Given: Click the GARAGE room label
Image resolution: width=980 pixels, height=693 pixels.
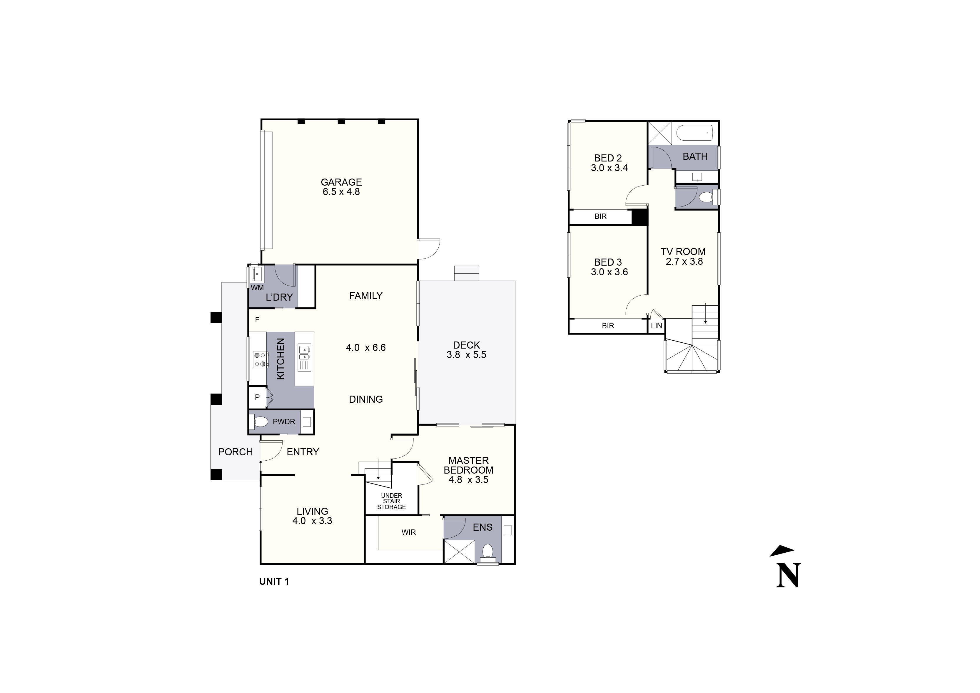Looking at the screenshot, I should [341, 182].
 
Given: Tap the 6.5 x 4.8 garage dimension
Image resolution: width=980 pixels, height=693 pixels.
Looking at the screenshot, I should [341, 192].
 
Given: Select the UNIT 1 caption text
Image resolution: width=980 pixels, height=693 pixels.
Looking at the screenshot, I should [274, 582].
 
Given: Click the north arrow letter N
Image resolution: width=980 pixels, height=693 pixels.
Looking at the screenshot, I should [788, 576].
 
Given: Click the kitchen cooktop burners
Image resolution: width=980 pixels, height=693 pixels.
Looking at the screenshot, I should [261, 359].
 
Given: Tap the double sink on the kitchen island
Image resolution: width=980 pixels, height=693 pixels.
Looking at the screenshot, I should [304, 353].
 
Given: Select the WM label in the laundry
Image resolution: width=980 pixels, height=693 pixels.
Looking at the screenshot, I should [257, 288].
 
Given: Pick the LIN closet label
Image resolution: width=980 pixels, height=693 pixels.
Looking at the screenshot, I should [657, 326].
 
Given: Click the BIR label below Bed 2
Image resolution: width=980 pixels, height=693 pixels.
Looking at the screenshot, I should [600, 216].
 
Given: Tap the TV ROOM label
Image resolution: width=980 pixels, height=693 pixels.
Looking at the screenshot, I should [683, 252].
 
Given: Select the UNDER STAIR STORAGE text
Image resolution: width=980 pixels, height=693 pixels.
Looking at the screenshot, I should [391, 501].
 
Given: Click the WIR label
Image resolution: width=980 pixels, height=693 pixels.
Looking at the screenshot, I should [408, 532].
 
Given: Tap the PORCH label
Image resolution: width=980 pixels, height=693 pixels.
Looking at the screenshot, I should [235, 452].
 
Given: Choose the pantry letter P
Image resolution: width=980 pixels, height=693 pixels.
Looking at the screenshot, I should [257, 397].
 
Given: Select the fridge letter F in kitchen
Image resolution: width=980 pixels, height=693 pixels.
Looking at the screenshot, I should [257, 320].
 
